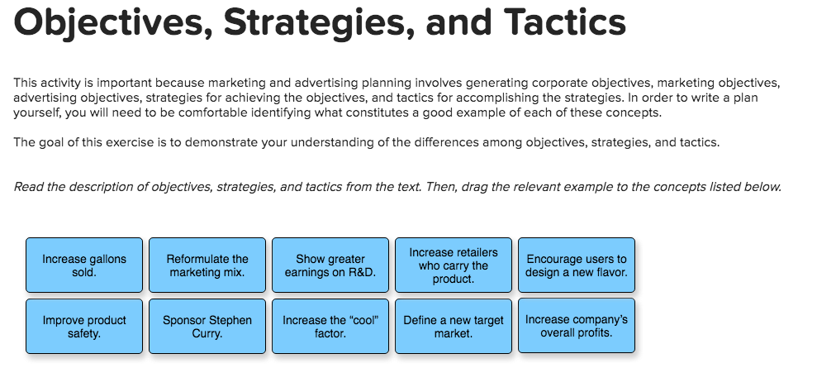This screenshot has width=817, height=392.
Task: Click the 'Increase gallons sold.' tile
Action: click(x=84, y=265)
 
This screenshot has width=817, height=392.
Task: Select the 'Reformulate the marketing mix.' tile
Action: click(x=207, y=265)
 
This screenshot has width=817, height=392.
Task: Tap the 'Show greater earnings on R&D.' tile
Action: click(x=330, y=265)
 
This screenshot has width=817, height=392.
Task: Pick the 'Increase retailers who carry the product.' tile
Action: click(x=454, y=265)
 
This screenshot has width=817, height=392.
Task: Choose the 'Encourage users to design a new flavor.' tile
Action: click(x=577, y=265)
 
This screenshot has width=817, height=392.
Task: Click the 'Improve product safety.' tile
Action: click(x=84, y=327)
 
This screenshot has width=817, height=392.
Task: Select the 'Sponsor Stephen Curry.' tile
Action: click(x=207, y=327)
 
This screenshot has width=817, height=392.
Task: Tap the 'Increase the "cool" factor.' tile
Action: click(x=330, y=327)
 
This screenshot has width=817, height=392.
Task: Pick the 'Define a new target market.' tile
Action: click(x=454, y=327)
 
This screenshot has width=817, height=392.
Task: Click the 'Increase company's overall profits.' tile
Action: click(x=577, y=327)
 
